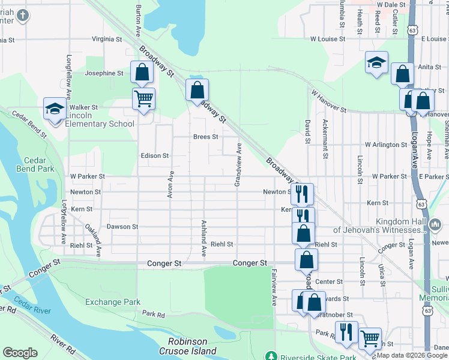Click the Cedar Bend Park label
[39, 164]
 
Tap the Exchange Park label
[112, 302]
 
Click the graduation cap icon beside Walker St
[55, 109]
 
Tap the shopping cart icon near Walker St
[143, 98]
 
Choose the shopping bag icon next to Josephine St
[142, 73]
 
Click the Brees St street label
[205, 137]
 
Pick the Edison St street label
[154, 155]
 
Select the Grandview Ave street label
[238, 165]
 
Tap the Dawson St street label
[122, 227]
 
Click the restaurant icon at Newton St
[302, 194]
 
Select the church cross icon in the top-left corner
[22, 14]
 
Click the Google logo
[20, 352]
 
